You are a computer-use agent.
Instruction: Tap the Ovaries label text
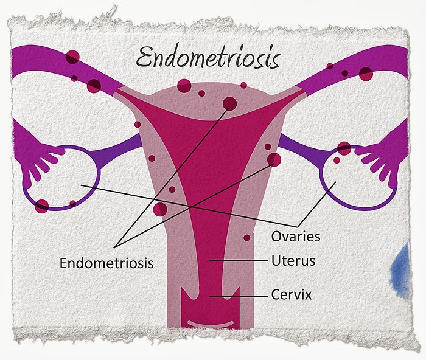tap(296, 234)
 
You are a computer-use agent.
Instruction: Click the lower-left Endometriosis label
tap(106, 263)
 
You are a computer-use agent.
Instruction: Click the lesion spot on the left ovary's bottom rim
tap(41, 206)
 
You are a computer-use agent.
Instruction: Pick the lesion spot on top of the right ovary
tap(344, 148)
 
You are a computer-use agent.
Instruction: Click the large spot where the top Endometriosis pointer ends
tap(229, 103)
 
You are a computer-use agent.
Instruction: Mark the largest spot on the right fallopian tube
tap(365, 74)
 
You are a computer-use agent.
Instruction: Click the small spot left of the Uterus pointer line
tap(246, 238)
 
